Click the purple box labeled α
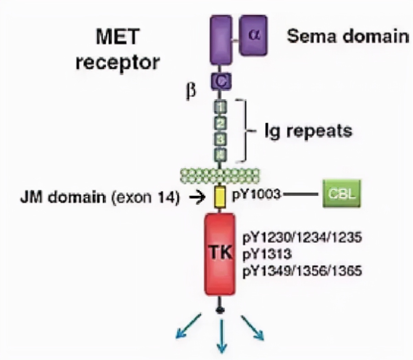point(253,35)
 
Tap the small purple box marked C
point(221,82)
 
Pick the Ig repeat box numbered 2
point(221,123)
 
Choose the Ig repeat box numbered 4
point(221,155)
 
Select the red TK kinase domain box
point(220,254)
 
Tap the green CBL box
point(341,193)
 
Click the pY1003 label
point(256,194)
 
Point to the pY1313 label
point(267,254)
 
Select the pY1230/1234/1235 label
point(302,237)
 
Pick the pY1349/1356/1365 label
point(302,271)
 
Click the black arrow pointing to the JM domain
point(198,198)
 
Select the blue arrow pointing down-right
point(252,327)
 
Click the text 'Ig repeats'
point(308,131)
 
